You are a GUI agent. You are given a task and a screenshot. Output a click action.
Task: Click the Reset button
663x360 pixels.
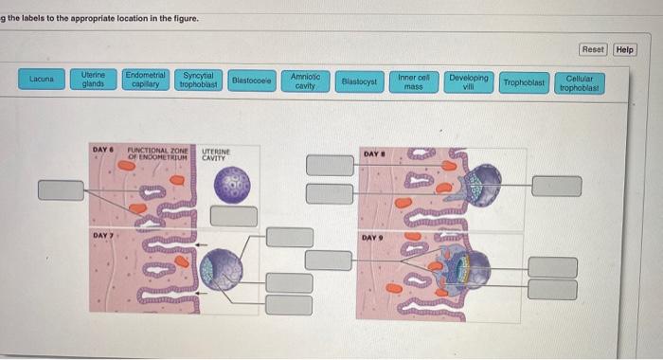click(593, 49)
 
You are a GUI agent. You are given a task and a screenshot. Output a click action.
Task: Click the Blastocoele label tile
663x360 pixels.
click(252, 81)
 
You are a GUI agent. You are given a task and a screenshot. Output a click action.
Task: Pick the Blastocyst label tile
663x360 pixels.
click(359, 81)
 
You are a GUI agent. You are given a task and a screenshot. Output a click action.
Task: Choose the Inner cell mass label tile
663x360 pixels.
click(414, 81)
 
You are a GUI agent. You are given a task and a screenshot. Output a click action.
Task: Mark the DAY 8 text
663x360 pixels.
click(373, 153)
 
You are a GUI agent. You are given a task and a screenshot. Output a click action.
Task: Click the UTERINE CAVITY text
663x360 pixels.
click(216, 153)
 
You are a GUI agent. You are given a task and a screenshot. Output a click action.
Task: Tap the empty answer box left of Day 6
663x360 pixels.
click(61, 189)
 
